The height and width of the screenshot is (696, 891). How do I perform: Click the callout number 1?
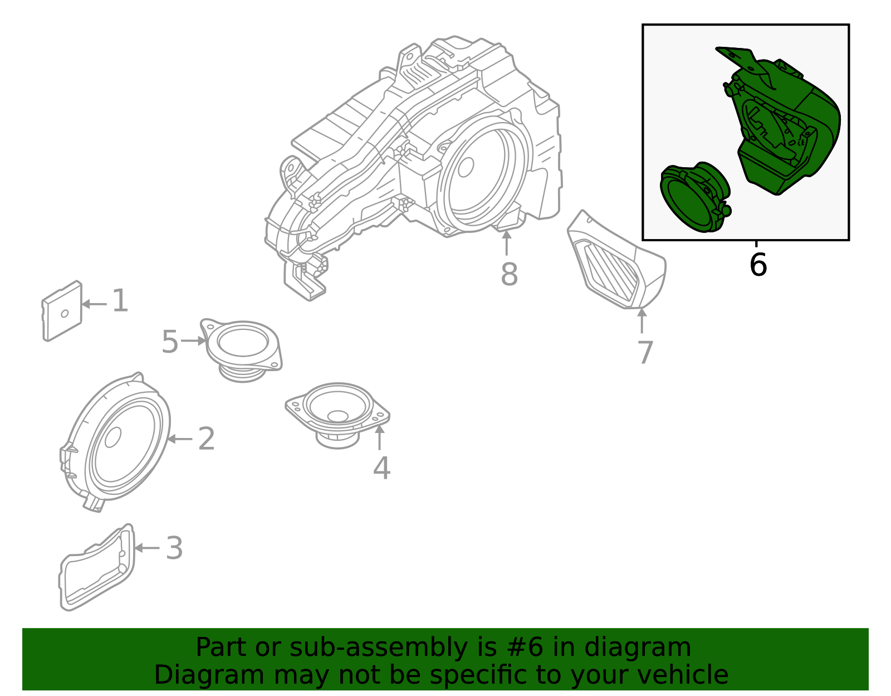(120, 301)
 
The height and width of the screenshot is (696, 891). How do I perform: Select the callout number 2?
(206, 439)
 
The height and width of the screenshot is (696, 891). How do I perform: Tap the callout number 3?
(174, 548)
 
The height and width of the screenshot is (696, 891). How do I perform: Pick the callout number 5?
(170, 342)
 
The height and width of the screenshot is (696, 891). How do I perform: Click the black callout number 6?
(758, 265)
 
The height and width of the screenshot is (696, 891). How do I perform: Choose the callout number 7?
(645, 353)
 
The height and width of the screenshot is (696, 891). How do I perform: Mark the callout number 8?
(509, 275)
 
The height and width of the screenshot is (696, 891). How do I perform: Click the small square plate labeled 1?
(62, 312)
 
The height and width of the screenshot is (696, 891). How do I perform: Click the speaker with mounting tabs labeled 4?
(337, 412)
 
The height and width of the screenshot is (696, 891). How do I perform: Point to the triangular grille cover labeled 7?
(615, 265)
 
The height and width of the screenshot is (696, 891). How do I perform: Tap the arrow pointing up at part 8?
(507, 243)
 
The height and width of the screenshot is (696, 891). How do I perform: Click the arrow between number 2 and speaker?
(179, 439)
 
